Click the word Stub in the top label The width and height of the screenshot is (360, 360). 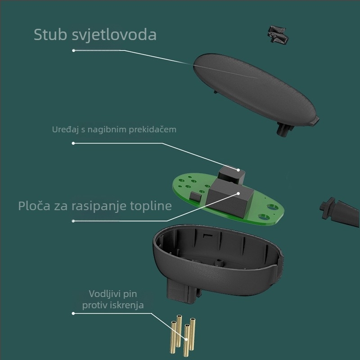(x=50, y=35)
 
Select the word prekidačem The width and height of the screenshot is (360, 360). (x=153, y=130)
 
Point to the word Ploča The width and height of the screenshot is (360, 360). (x=34, y=206)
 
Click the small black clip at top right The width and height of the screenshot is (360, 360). (x=278, y=34)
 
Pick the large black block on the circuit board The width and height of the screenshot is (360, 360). (x=231, y=198)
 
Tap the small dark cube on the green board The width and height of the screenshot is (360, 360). (x=195, y=196)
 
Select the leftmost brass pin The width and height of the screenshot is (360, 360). (x=173, y=337)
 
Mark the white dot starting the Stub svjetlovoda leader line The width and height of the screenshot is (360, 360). (x=73, y=50)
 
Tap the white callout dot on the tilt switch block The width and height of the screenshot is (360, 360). (x=238, y=170)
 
